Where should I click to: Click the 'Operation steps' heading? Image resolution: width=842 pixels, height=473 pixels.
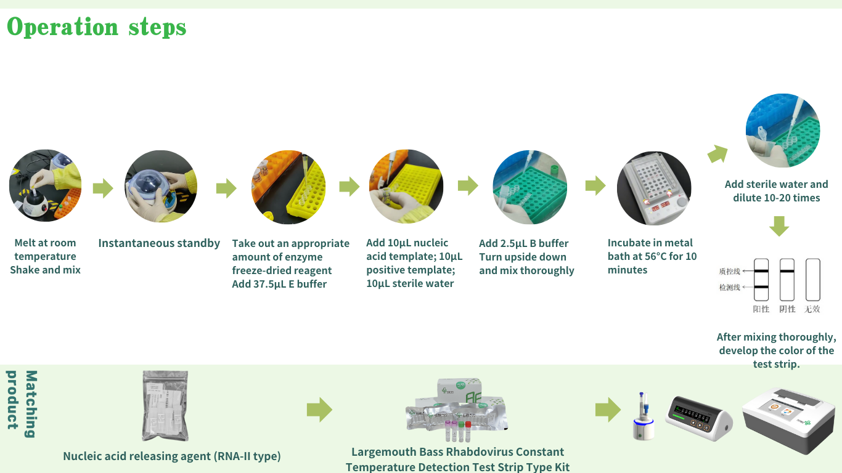pos(96,27)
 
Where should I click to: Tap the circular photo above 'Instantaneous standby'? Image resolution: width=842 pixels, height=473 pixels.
pos(161,187)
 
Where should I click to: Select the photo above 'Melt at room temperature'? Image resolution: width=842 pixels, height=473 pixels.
pos(45,185)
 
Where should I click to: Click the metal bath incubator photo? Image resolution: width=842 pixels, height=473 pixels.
pos(654,188)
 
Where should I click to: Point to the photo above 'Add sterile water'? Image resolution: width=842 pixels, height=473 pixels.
pos(783,131)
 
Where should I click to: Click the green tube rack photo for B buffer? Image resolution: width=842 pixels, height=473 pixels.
pos(529,187)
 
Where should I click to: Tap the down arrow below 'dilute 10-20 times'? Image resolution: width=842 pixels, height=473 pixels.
pos(779,226)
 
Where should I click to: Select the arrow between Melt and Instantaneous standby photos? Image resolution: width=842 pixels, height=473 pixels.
pos(103,188)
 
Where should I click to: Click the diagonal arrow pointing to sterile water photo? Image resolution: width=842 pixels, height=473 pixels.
pos(717,153)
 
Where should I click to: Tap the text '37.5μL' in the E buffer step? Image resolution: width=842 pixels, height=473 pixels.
pos(270,284)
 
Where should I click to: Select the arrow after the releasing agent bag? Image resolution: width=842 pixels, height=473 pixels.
pos(319,410)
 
